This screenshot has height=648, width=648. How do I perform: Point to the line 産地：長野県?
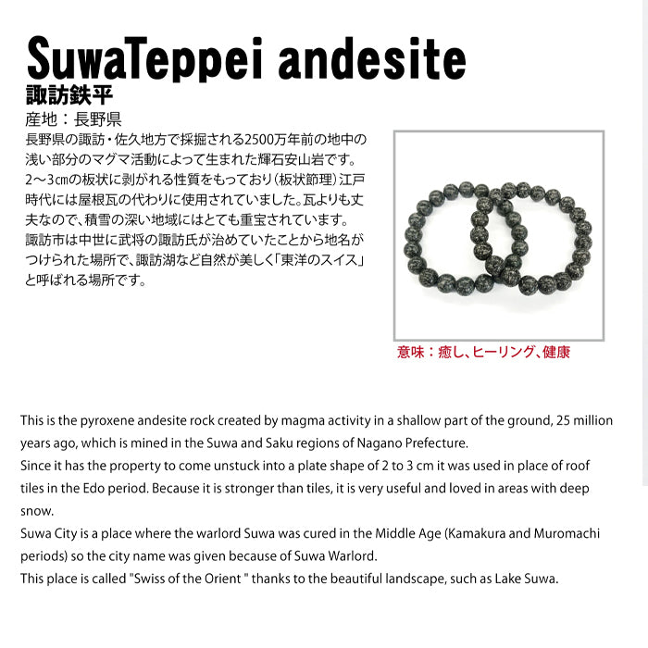point(75,119)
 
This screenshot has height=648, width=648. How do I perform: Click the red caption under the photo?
point(483,352)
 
